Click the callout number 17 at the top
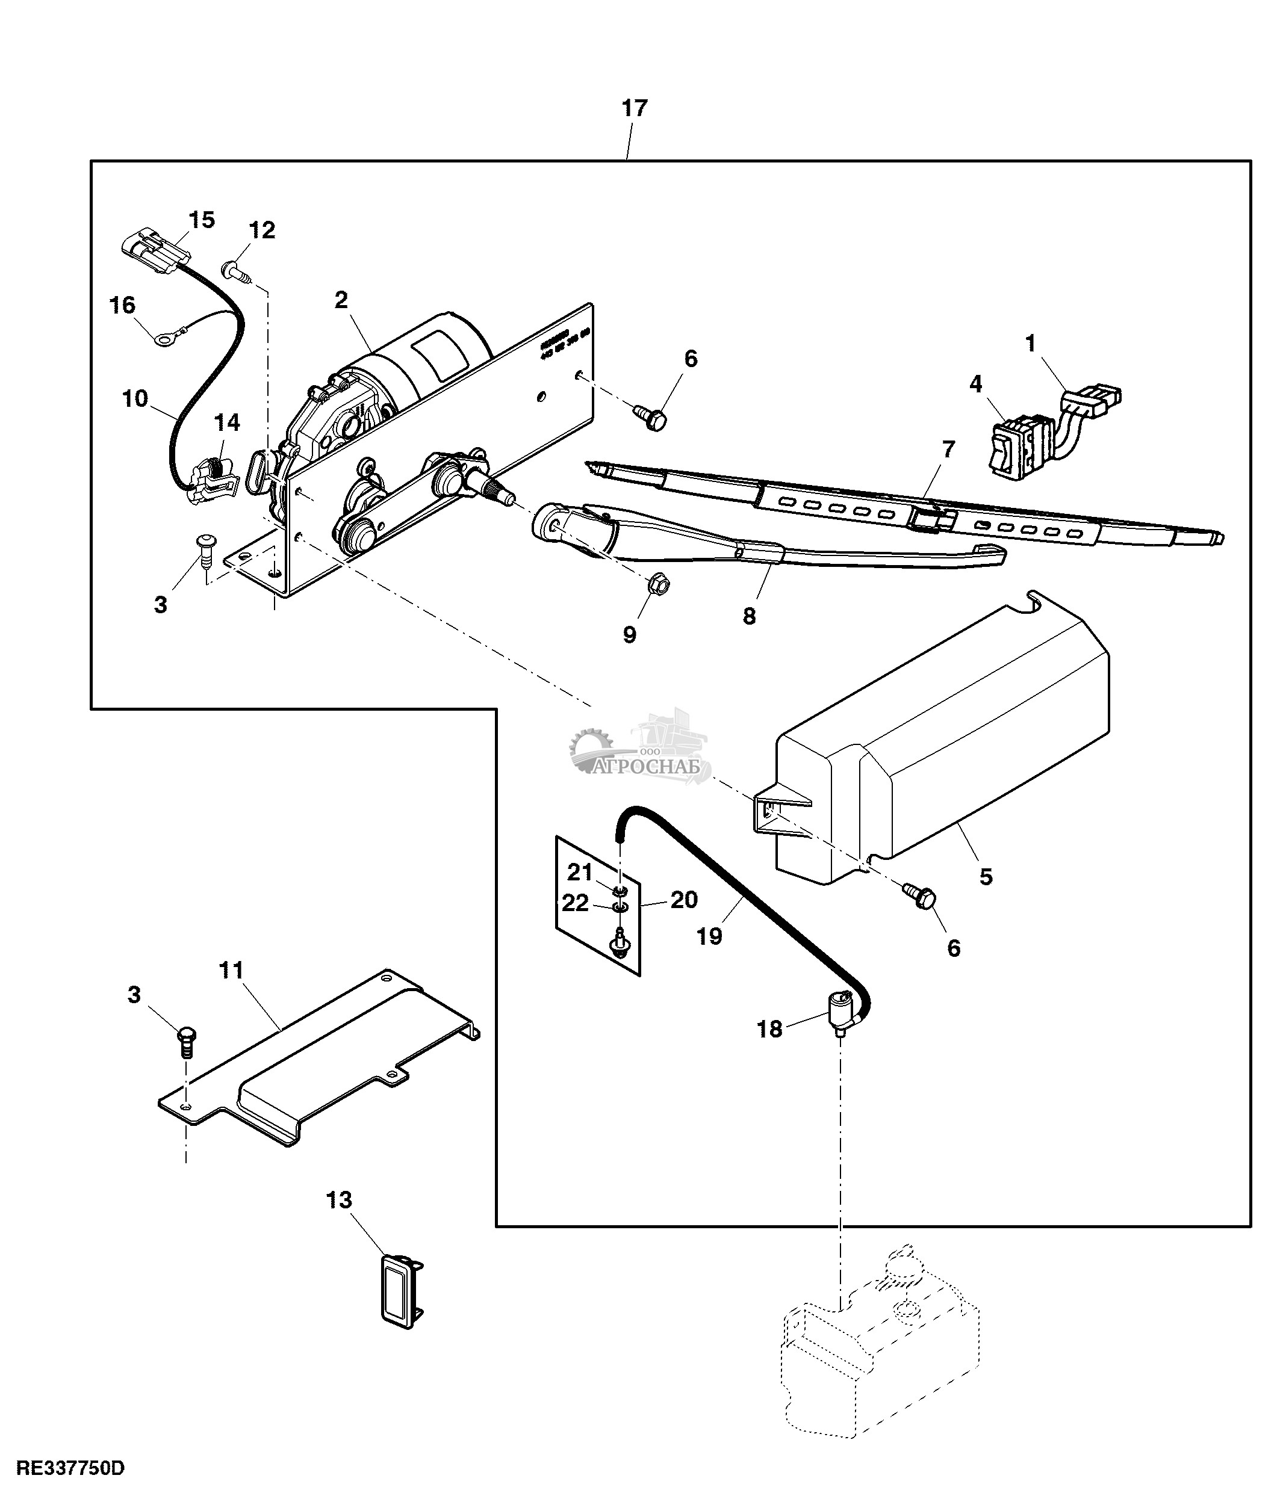coord(634,109)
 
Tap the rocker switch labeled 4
coord(1012,446)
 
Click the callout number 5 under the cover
coord(985,877)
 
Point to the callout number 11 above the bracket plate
coord(231,971)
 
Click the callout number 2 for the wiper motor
coord(341,300)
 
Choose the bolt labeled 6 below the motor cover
coord(922,897)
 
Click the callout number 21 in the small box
coord(579,872)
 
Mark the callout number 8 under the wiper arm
coord(749,616)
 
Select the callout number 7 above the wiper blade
coord(948,449)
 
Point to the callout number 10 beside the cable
coord(135,398)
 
